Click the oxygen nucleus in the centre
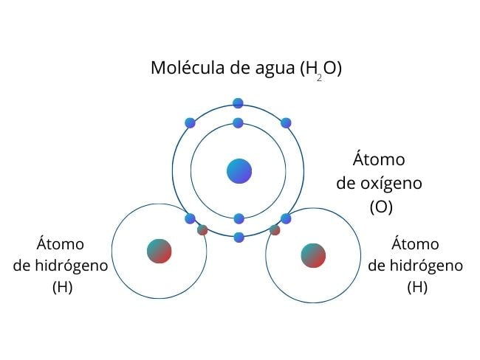coord(239,171)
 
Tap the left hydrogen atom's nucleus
coord(160,251)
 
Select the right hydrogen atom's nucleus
coord(313,255)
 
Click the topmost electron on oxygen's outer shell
coord(238,103)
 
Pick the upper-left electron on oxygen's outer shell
coord(190,123)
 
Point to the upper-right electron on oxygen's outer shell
coord(286,123)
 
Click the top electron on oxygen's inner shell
coord(239,123)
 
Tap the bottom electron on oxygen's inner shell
coord(239,218)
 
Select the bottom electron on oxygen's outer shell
coord(239,238)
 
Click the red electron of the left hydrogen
coord(202,230)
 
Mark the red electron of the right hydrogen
coord(275,230)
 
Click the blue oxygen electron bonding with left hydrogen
coord(190,218)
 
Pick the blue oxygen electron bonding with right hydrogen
coord(286,218)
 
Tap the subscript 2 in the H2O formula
coord(319,78)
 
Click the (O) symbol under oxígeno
coord(381,207)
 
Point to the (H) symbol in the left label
coord(63,287)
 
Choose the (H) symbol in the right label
coord(417,287)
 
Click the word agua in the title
coord(275,69)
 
